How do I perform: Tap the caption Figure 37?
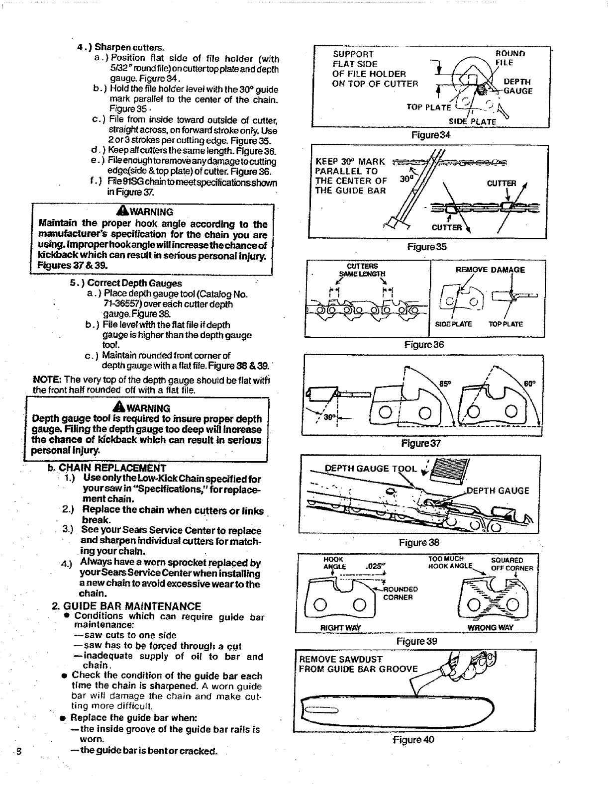point(421,443)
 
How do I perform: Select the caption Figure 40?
point(414,739)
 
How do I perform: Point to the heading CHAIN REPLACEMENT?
point(112,468)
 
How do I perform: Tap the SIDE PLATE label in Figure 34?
point(472,121)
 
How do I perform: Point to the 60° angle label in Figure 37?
point(529,384)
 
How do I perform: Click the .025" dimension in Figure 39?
point(374,566)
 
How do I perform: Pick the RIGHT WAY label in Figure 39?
point(341,627)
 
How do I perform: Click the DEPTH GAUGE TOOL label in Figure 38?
point(370,468)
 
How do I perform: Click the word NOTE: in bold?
point(47,380)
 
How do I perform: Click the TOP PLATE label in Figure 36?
point(506,324)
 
